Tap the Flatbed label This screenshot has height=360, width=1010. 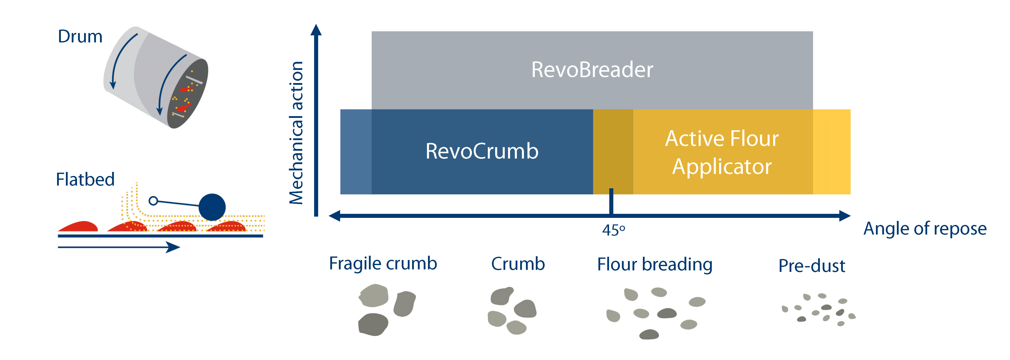pos(85,179)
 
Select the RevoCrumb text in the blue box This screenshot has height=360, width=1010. pos(482,151)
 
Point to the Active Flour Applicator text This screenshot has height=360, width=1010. pos(722,152)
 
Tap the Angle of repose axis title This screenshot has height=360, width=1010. pos(924,229)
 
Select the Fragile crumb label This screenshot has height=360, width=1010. pos(383,264)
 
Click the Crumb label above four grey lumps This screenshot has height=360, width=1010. pos(518,264)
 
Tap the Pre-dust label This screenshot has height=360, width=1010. pos(811,266)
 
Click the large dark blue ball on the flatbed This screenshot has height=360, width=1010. pos(212,207)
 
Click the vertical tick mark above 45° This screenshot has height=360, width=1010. pos(611,201)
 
